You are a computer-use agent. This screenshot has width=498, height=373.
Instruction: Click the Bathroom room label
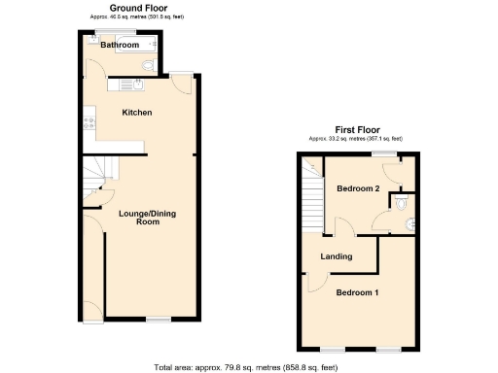[x=120, y=45]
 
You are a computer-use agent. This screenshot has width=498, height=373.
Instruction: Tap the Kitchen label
[x=136, y=113]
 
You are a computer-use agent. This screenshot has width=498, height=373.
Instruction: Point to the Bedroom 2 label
[x=358, y=188]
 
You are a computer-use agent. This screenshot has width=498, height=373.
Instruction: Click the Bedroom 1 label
[x=357, y=292]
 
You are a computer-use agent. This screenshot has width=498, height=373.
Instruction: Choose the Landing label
[x=337, y=256]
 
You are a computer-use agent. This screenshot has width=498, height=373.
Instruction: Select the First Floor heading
[x=357, y=129]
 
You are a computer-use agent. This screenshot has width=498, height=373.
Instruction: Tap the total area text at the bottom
[x=246, y=367]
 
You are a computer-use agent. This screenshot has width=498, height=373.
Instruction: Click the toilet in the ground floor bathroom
[x=147, y=65]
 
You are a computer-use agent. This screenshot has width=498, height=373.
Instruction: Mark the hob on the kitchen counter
[x=89, y=123]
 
